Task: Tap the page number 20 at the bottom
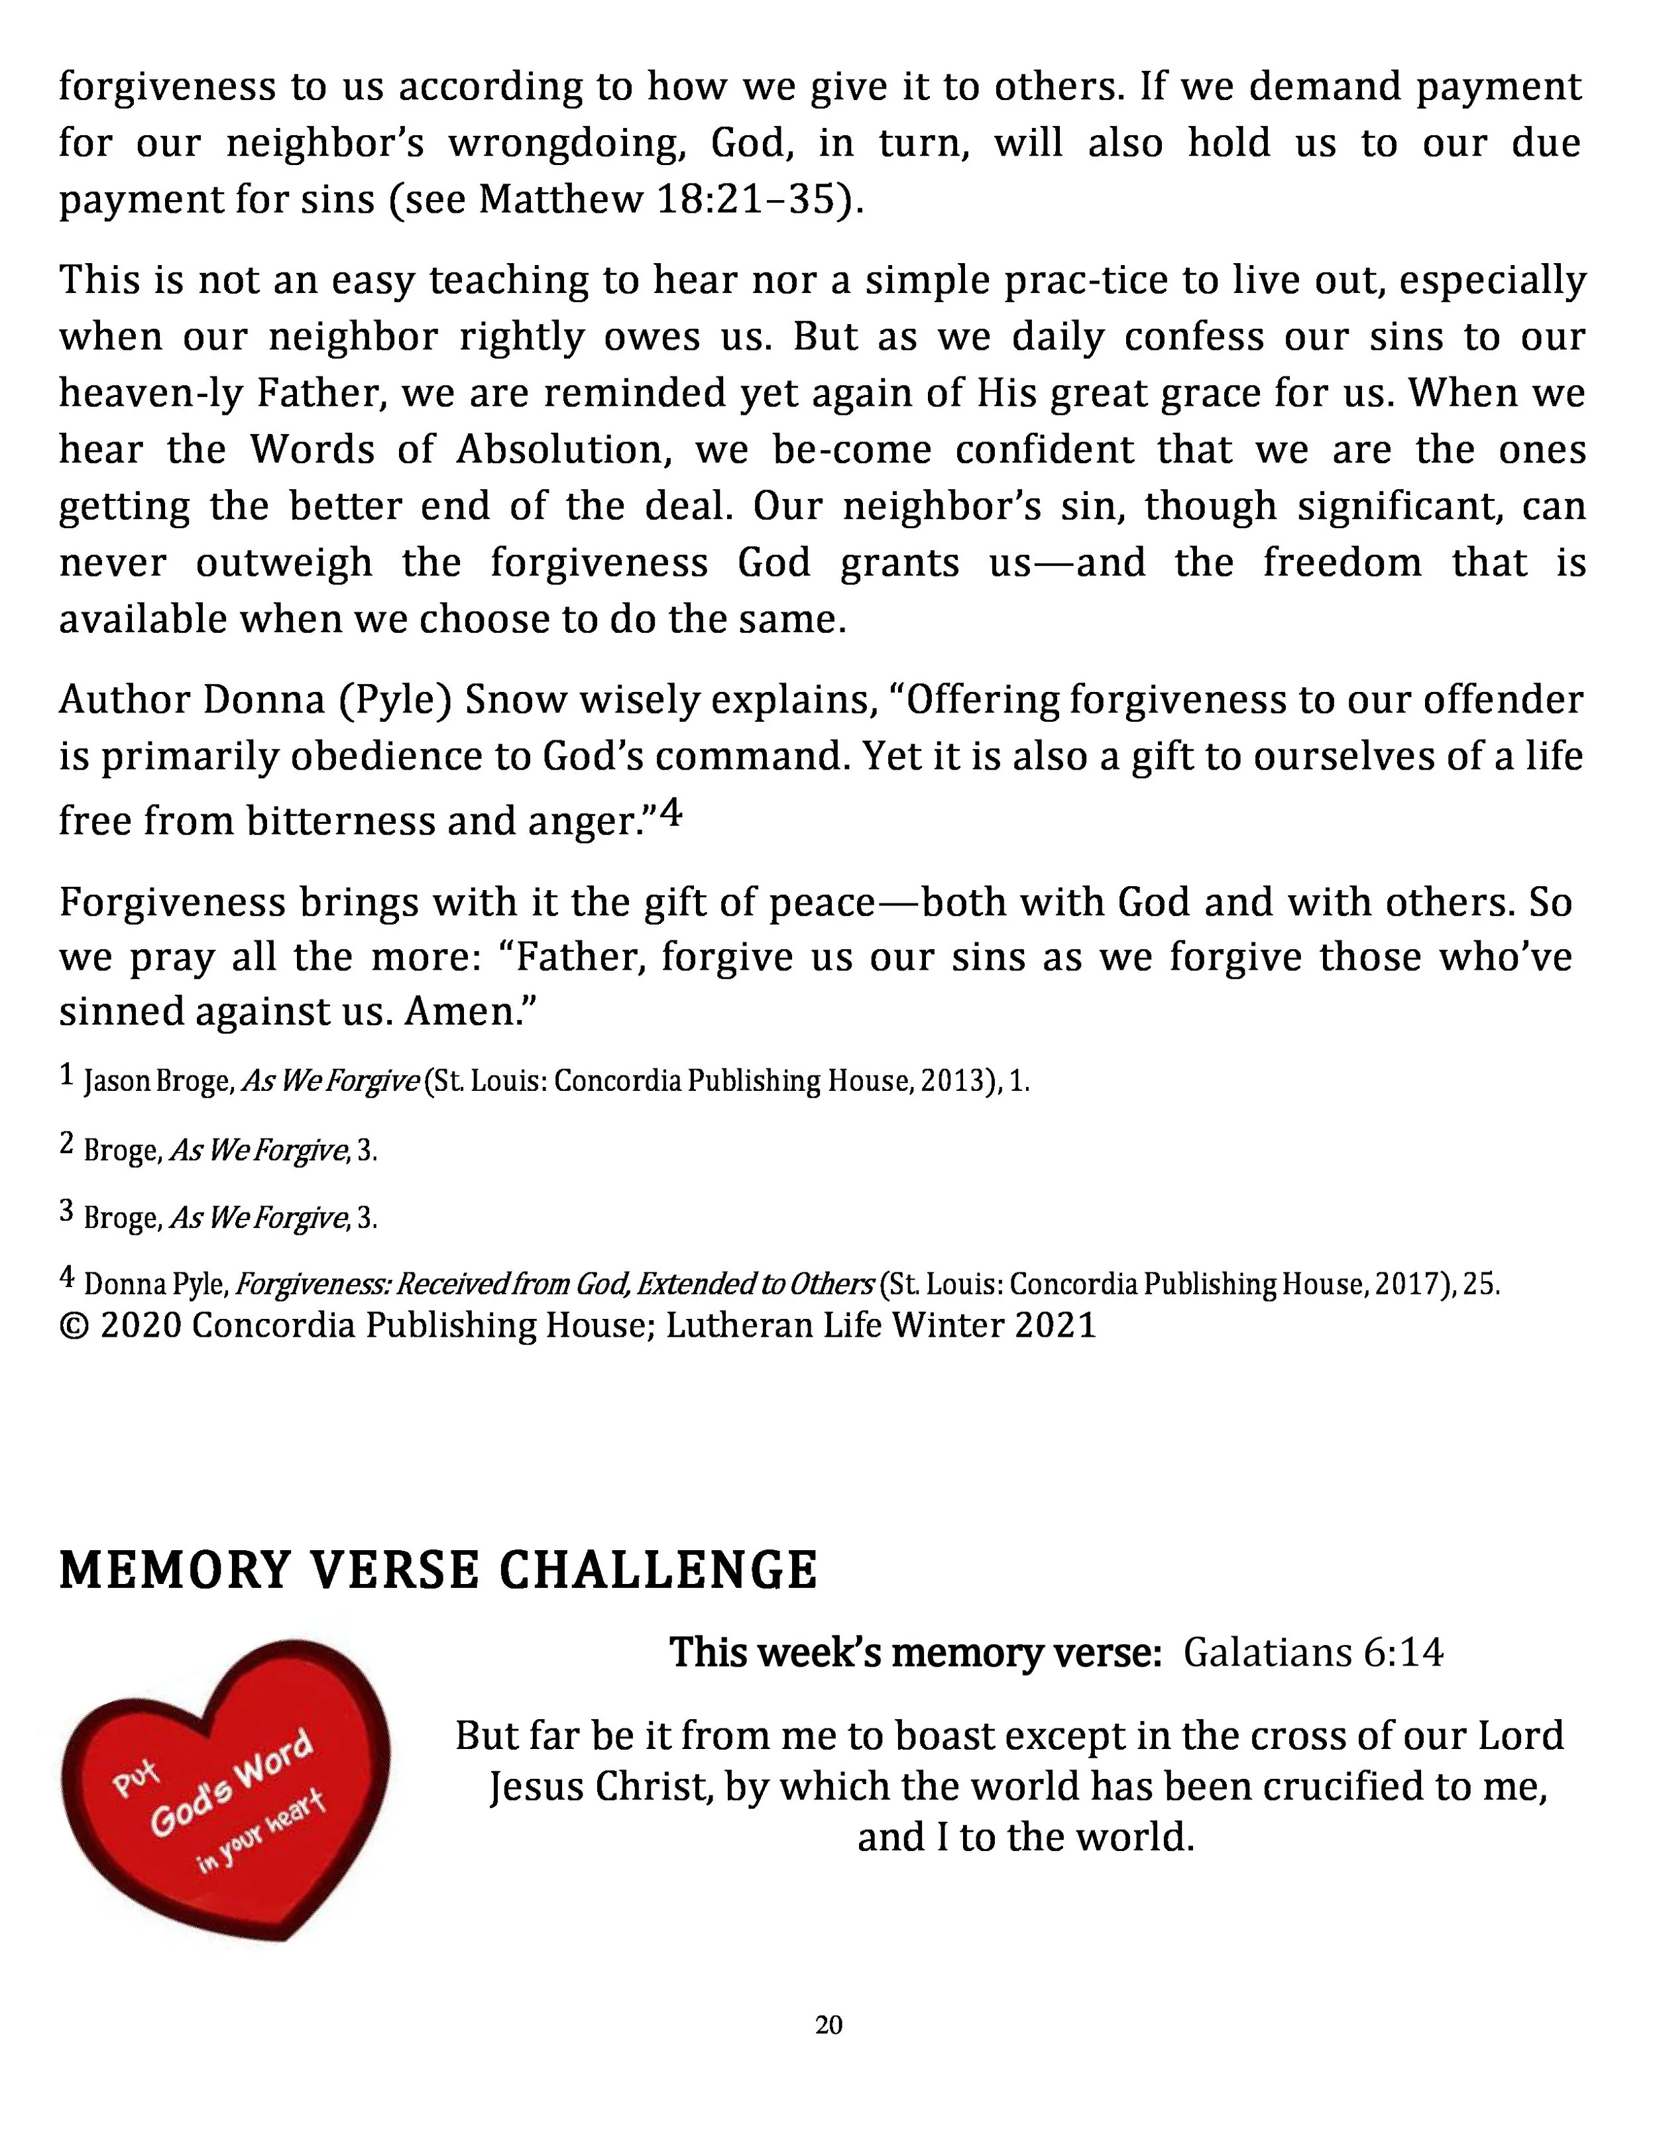point(828,2024)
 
